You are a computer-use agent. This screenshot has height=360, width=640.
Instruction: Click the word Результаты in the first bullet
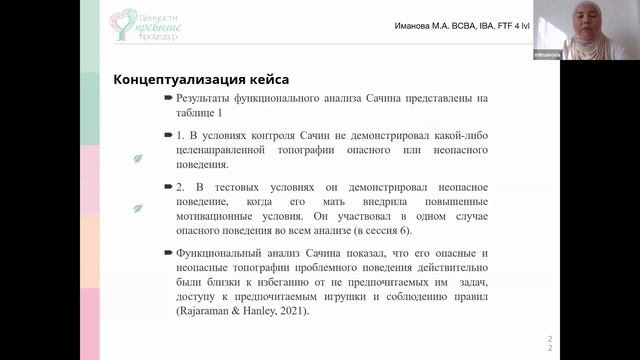(205, 99)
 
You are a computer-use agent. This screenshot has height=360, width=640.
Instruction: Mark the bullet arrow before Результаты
(168, 99)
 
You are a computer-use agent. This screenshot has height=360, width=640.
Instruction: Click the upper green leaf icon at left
(138, 157)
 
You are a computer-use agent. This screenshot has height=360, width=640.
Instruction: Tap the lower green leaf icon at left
(138, 208)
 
